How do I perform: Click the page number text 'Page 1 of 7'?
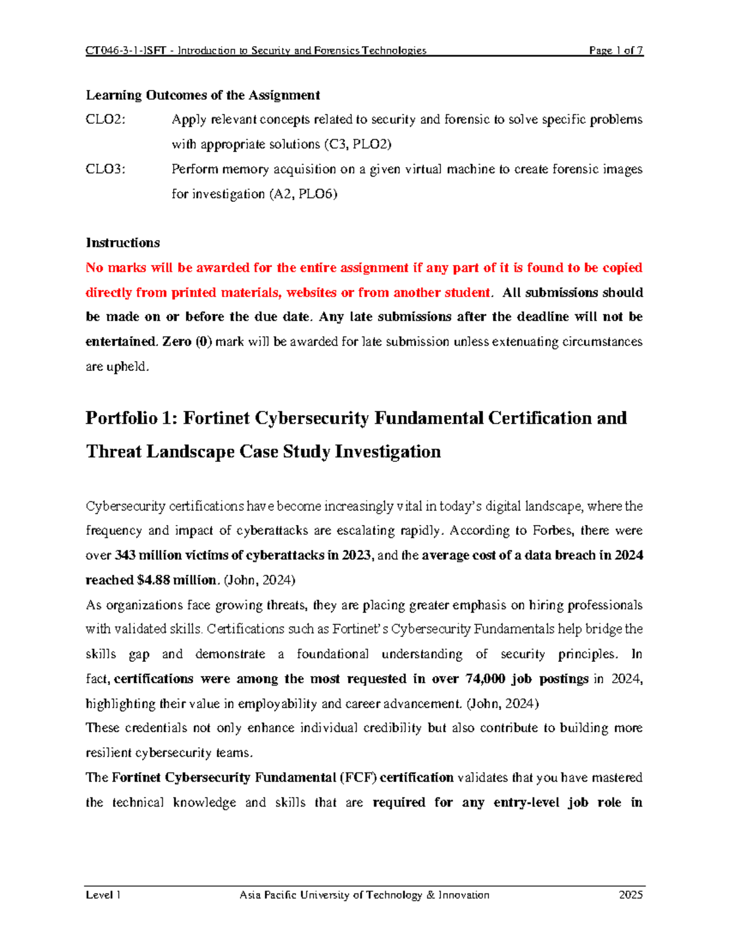pyautogui.click(x=615, y=50)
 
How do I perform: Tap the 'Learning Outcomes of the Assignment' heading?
pyautogui.click(x=202, y=95)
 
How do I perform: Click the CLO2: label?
pyautogui.click(x=106, y=120)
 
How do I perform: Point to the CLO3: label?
pyautogui.click(x=106, y=169)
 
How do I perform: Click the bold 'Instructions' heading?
pyautogui.click(x=123, y=243)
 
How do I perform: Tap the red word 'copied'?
pyautogui.click(x=622, y=267)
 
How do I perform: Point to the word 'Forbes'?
pyautogui.click(x=552, y=531)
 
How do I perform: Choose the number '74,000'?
pyautogui.click(x=485, y=679)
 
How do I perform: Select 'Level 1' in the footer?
pyautogui.click(x=103, y=895)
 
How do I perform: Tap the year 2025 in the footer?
pyautogui.click(x=631, y=895)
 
